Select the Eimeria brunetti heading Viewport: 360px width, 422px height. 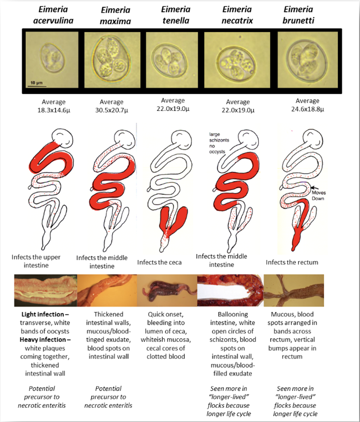300,15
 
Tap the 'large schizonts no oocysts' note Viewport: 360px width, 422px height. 220,141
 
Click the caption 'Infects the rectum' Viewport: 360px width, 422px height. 292,262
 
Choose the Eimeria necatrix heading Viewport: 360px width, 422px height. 237,15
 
